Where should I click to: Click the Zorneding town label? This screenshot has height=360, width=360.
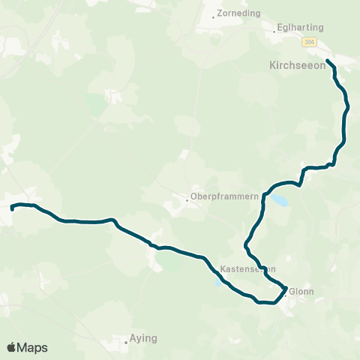tap(238, 13)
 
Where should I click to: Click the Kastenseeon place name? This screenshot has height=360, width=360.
tap(248, 268)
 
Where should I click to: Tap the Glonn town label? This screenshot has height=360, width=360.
tap(301, 292)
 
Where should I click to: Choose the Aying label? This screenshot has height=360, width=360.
tap(143, 338)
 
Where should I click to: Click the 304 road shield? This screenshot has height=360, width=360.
tap(310, 43)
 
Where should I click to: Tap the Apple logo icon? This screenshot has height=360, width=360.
tap(12, 347)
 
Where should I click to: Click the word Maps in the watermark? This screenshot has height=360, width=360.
tap(33, 347)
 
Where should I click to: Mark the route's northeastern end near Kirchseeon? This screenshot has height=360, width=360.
tap(328, 59)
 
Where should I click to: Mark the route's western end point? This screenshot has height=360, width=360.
tap(12, 206)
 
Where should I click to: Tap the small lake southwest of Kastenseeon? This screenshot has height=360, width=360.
tap(217, 282)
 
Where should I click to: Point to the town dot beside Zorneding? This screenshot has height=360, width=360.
tap(214, 17)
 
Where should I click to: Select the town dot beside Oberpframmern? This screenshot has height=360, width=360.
tap(187, 199)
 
